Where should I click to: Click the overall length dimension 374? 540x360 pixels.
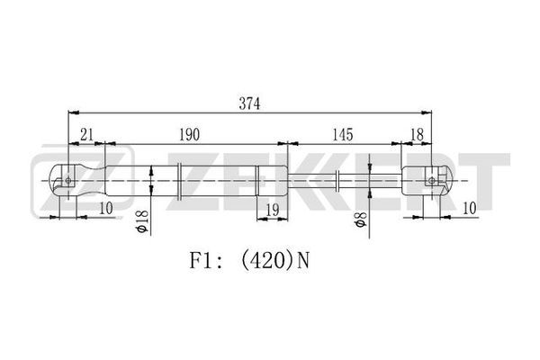tap(249, 103)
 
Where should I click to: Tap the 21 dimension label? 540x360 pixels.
tap(86, 134)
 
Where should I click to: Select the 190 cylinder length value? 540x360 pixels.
tap(189, 134)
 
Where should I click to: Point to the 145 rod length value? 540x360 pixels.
tap(343, 134)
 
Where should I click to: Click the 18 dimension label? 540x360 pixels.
tap(417, 134)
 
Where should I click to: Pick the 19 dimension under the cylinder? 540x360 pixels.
tap(273, 210)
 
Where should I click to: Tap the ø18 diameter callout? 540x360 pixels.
tap(142, 221)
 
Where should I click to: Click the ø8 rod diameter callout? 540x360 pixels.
tap(360, 220)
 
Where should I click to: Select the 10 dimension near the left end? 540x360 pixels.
tap(106, 208)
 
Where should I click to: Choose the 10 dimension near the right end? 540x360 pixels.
tap(470, 208)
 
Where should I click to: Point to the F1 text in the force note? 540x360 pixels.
tap(200, 261)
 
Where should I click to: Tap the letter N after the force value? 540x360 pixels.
tap(303, 261)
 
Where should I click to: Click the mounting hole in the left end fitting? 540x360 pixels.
tap(67, 180)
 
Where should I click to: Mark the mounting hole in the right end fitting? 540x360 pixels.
tap(431, 180)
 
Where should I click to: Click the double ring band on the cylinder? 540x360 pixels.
tap(179, 181)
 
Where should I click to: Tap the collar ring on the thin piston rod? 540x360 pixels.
tap(337, 181)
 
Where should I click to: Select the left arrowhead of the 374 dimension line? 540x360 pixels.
tap(74, 112)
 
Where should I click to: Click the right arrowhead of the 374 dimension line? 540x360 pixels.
tap(427, 112)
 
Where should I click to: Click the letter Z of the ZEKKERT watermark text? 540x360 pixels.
tap(193, 182)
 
